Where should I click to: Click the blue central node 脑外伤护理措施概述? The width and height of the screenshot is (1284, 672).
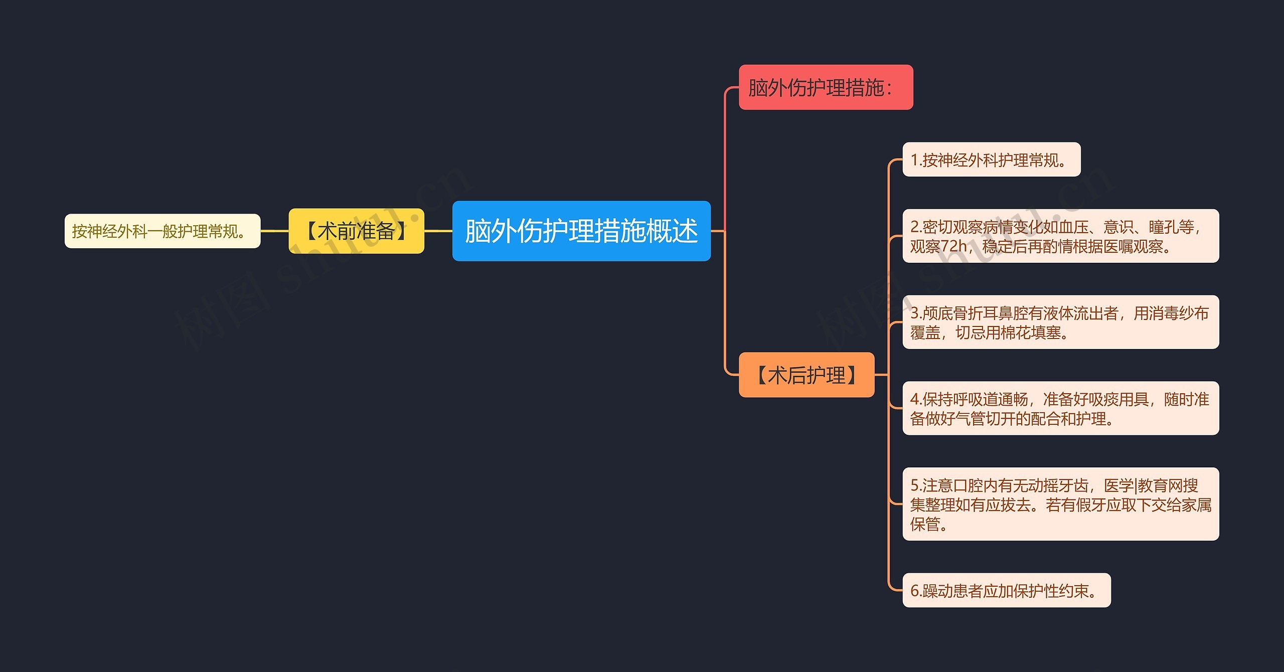click(581, 231)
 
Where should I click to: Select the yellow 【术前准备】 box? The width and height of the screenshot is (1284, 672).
click(356, 231)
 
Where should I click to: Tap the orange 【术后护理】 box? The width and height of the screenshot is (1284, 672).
click(806, 375)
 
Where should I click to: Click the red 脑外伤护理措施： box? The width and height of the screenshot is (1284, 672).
click(825, 88)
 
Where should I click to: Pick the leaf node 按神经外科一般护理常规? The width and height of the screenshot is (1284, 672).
click(162, 231)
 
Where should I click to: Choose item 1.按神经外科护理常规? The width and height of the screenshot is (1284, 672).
click(991, 160)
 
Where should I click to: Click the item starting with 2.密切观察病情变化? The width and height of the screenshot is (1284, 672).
click(1060, 236)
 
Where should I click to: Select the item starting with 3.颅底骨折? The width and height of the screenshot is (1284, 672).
click(1060, 322)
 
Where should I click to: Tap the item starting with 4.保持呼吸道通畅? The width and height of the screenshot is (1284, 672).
click(1060, 408)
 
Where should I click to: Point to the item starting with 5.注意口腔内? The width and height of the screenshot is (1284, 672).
click(1060, 504)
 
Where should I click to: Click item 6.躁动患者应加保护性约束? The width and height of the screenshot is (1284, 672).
click(1006, 591)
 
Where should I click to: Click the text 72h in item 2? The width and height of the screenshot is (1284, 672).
click(953, 246)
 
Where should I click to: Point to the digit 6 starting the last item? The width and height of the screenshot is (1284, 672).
click(914, 591)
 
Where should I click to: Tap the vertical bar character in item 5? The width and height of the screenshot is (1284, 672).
click(1136, 485)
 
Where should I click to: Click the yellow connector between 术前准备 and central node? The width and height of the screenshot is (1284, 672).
click(438, 231)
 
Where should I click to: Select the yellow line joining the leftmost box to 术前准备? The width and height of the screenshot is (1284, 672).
click(274, 231)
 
